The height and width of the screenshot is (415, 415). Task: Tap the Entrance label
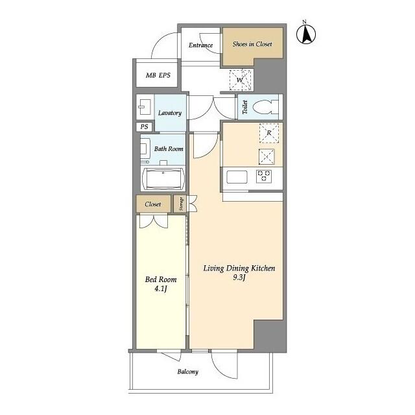pos(201,45)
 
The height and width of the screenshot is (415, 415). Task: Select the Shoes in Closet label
pos(252,45)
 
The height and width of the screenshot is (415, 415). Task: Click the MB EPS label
pos(158,76)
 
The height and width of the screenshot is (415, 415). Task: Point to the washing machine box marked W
pos(240,80)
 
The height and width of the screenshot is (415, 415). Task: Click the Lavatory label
pos(169,113)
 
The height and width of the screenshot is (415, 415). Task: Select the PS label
pos(143,127)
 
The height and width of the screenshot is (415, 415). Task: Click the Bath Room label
pos(168,149)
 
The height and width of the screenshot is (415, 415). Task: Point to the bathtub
pos(163,178)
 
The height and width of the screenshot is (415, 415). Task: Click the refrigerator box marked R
pos(268,133)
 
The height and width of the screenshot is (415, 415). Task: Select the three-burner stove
pos(265,174)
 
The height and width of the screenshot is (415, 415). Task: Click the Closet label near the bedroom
pos(153,204)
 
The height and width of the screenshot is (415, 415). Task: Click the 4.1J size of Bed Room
pos(160,289)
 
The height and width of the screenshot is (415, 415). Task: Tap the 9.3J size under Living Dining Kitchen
pos(239,278)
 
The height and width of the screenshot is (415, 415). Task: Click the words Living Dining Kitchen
pos(239,268)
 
